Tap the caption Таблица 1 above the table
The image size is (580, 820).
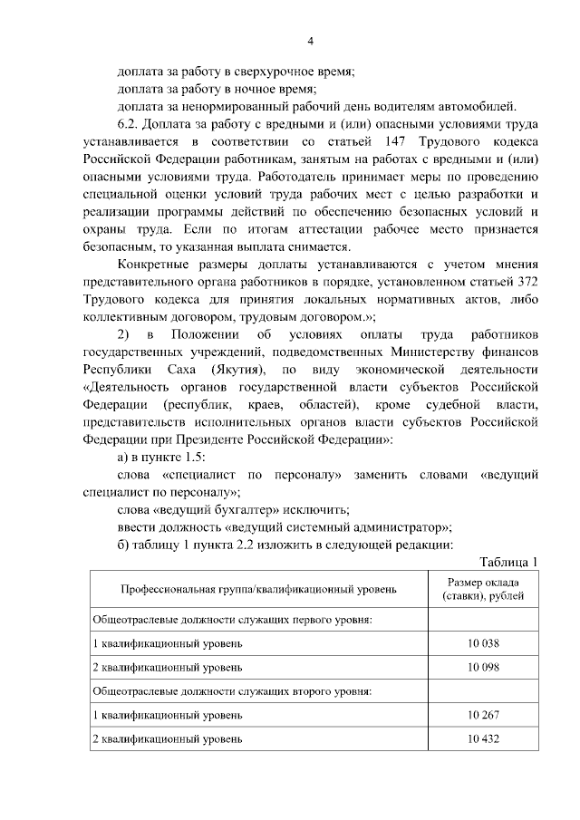point(508,562)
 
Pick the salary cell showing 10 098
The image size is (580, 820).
point(484,667)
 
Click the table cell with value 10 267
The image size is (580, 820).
point(484,715)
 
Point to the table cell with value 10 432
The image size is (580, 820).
point(484,739)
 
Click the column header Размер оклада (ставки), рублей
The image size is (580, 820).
point(484,590)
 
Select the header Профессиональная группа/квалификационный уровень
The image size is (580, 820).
point(258,590)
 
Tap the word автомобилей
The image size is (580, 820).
point(482,107)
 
